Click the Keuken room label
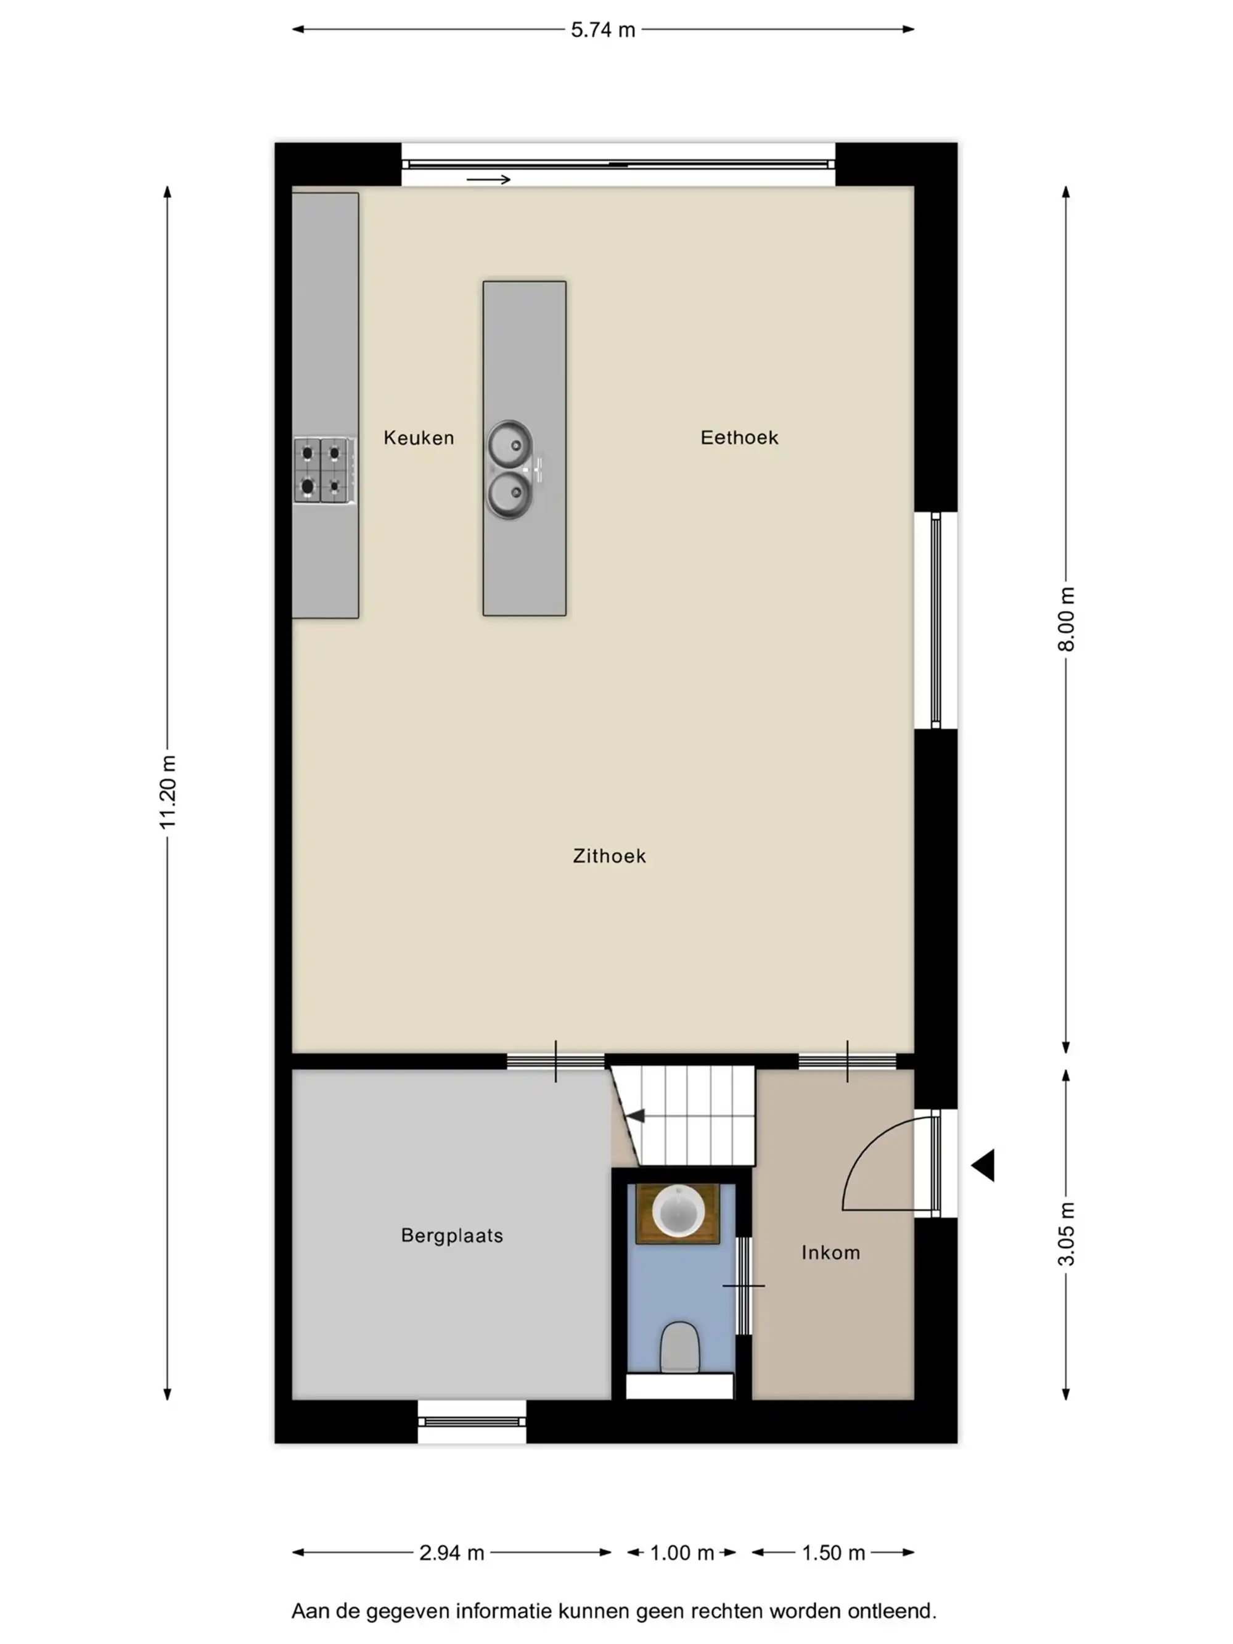tap(419, 438)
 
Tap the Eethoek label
tap(739, 437)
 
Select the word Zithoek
tap(608, 855)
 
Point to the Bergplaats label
tap(452, 1235)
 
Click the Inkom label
tap(830, 1252)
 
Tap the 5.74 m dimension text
tap(603, 30)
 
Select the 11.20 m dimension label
tap(168, 792)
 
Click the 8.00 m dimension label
tap(1066, 619)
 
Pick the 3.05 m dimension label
tap(1066, 1233)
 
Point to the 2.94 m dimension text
tap(451, 1553)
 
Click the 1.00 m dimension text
tap(681, 1553)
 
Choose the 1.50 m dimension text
tap(833, 1553)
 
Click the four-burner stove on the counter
tap(323, 471)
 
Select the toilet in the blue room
tap(679, 1347)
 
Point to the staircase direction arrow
tap(635, 1116)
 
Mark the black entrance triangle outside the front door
tap(983, 1165)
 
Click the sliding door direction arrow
tap(488, 179)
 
